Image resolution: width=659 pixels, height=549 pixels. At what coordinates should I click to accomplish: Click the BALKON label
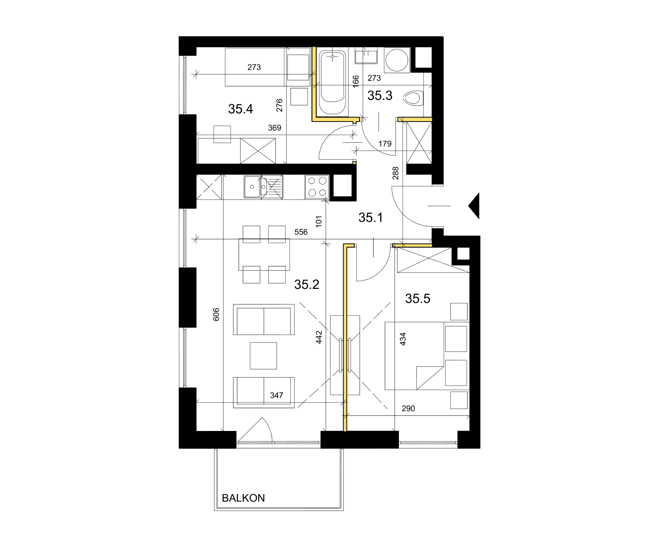[x=243, y=498]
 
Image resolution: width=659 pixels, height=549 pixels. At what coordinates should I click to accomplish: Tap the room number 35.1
[x=370, y=217]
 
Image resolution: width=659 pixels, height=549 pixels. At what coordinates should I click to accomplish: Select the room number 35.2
[x=307, y=284]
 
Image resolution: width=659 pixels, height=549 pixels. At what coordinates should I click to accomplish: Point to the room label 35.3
[x=380, y=95]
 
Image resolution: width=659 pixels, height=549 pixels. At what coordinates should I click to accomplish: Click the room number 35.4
[x=240, y=109]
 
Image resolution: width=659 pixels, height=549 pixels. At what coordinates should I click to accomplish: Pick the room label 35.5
[x=417, y=298]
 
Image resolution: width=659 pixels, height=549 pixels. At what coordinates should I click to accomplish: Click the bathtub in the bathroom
[x=332, y=82]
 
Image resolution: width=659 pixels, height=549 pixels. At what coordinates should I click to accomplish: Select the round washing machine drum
[x=397, y=60]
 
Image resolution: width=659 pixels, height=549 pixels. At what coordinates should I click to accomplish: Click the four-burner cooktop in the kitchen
[x=317, y=187]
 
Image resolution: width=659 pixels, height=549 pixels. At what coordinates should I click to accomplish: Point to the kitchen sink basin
[x=252, y=187]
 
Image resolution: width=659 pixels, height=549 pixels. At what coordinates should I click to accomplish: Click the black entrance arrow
[x=474, y=206]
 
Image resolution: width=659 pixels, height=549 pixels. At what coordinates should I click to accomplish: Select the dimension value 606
[x=216, y=314]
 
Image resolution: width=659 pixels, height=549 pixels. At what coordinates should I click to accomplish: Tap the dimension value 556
[x=301, y=232]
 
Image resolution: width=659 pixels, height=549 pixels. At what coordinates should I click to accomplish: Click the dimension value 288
[x=395, y=173]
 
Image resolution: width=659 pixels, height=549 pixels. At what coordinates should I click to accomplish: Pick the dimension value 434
[x=403, y=339]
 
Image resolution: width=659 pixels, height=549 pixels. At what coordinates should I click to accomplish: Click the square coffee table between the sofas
[x=263, y=356]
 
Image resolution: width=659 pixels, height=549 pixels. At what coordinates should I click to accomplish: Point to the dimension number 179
[x=385, y=144]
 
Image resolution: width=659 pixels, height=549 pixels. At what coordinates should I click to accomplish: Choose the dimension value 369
[x=275, y=128]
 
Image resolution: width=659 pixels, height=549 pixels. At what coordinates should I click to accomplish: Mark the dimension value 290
[x=408, y=408]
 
